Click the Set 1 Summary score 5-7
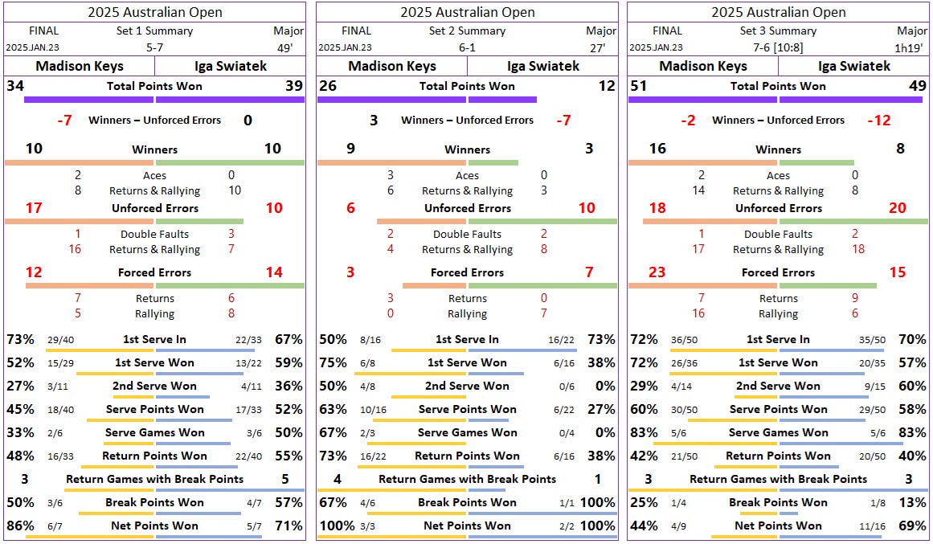pos(155,47)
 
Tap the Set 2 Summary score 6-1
pos(467,47)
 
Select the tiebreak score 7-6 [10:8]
pos(778,47)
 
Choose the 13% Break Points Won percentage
pos(915,503)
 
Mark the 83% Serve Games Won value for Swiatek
pos(915,433)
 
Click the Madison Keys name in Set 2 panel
pos(391,67)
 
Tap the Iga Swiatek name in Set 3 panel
pos(853,67)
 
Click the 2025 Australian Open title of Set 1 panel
pos(155,12)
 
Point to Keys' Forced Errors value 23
pos(657,272)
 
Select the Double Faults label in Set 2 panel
pos(467,235)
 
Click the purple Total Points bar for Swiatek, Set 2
pos(502,100)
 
